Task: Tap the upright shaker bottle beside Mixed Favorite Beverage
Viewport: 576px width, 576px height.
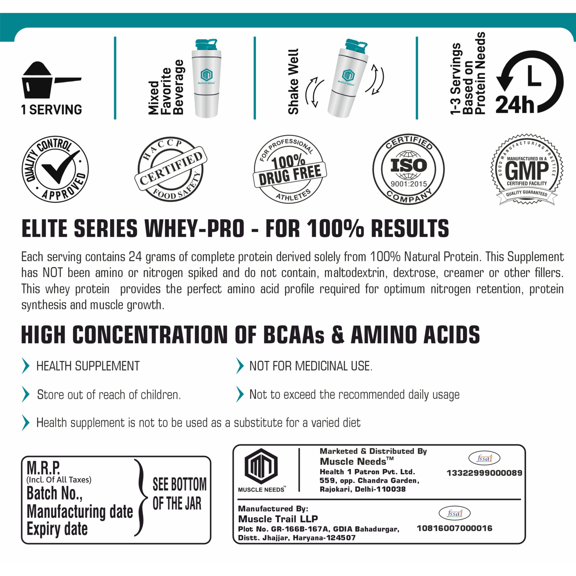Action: [206, 79]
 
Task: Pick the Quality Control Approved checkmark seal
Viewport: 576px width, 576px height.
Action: [55, 169]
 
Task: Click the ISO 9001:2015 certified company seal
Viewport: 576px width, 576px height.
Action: [408, 169]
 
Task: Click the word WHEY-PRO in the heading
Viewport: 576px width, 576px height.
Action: [194, 229]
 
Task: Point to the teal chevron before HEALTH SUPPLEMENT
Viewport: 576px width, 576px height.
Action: [26, 366]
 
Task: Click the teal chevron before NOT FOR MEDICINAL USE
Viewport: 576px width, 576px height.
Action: [240, 366]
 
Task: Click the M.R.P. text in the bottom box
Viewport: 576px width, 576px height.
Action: [43, 468]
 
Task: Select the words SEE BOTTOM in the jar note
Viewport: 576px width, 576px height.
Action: [179, 485]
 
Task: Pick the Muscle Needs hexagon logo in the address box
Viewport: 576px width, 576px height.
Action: [261, 467]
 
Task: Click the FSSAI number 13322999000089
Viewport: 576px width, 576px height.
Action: [484, 473]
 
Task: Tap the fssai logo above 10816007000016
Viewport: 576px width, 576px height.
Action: [454, 513]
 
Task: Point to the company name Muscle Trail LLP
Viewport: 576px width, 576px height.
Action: [278, 519]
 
